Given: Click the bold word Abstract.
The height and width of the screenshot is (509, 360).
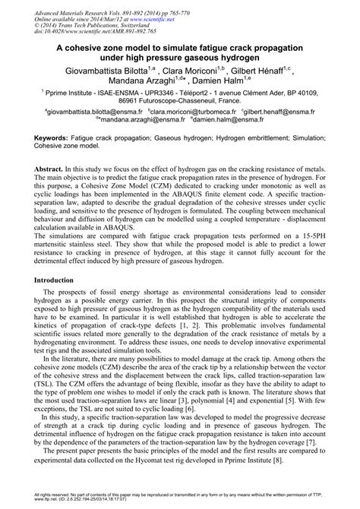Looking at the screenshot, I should click(x=52, y=166).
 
